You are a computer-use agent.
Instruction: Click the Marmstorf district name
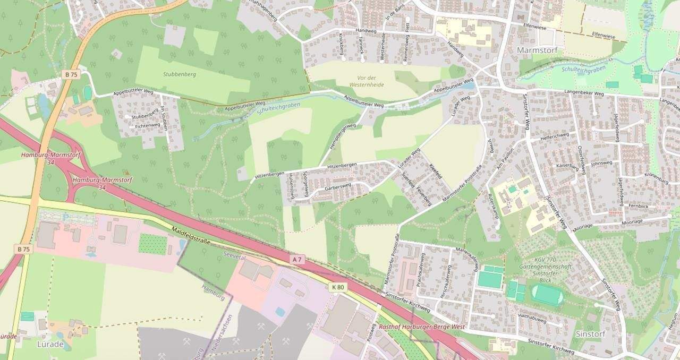pos(536,49)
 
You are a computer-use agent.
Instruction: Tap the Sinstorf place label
pos(590,334)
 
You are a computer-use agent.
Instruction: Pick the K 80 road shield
pos(338,287)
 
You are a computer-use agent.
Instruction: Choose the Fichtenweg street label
pos(147,125)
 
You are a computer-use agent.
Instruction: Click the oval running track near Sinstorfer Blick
pos(547,295)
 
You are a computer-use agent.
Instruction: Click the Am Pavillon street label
pos(503,162)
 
